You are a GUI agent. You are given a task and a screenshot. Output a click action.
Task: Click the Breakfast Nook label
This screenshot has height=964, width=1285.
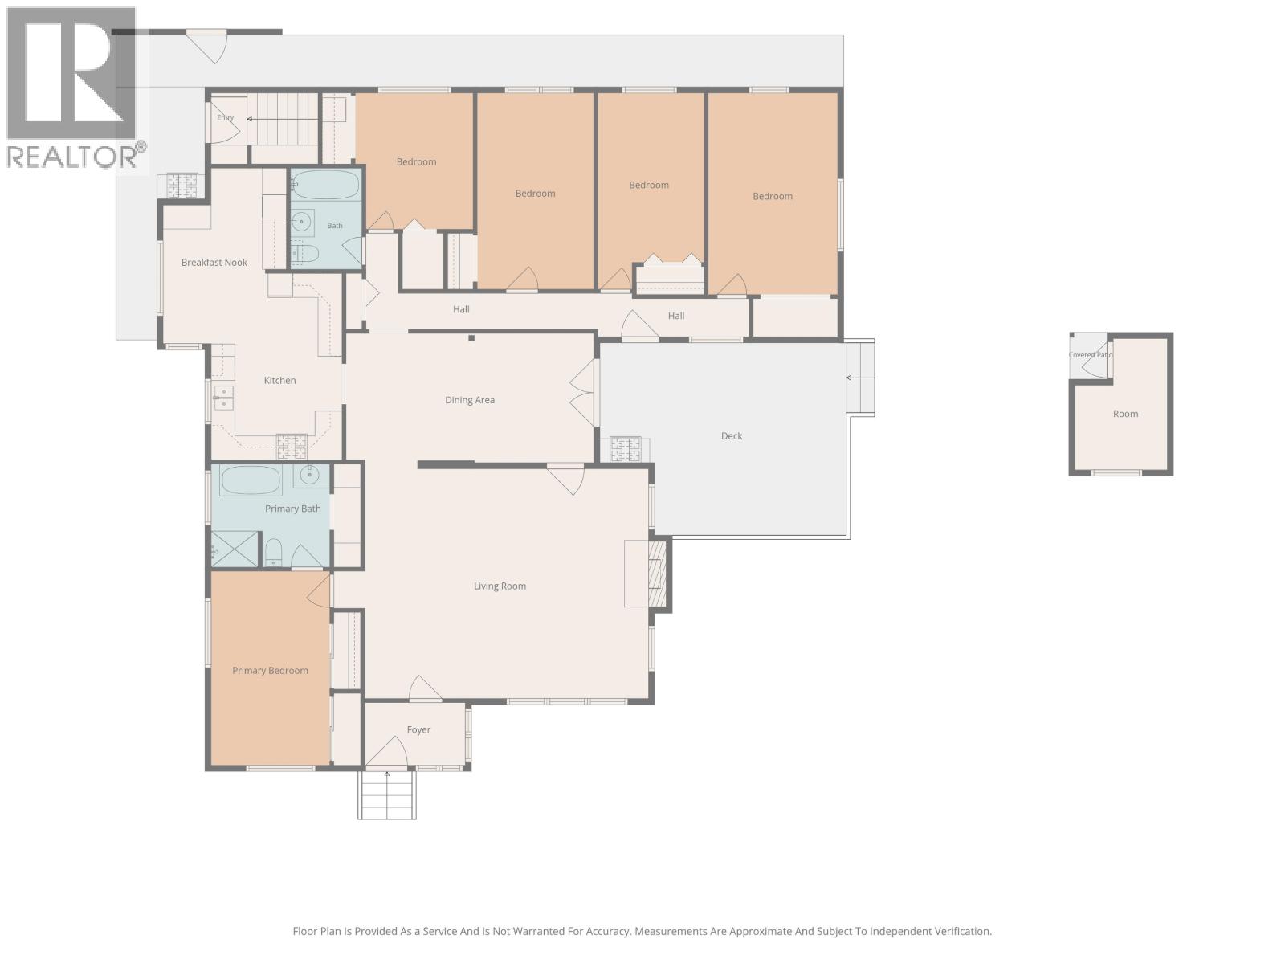[214, 263]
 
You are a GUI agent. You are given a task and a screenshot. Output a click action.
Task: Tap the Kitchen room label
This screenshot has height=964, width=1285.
[279, 381]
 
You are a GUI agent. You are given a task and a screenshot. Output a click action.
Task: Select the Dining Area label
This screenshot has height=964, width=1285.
[470, 400]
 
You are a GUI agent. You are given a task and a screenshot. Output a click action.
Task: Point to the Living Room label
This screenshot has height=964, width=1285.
[500, 586]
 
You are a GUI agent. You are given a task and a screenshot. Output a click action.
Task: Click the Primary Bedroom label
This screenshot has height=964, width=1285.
[270, 671]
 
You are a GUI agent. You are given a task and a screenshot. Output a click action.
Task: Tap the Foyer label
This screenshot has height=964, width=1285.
[418, 730]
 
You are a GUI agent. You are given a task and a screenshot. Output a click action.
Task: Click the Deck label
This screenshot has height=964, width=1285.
[731, 436]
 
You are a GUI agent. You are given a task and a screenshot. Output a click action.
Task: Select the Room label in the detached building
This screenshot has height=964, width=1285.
[1125, 414]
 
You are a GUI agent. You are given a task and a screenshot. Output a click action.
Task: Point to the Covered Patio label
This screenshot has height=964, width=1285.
[1090, 355]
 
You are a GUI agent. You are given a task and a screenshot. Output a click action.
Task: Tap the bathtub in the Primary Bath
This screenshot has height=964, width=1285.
[250, 480]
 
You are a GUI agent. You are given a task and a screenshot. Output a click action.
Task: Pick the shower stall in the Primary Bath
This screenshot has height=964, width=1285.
[235, 549]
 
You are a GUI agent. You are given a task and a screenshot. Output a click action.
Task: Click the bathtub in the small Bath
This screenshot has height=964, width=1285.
[325, 185]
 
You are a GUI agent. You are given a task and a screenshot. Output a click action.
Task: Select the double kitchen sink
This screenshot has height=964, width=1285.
[223, 398]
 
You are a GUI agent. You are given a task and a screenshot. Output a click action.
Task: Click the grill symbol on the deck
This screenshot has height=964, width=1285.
[625, 450]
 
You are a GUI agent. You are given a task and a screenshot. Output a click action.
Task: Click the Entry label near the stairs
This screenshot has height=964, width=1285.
[226, 117]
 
